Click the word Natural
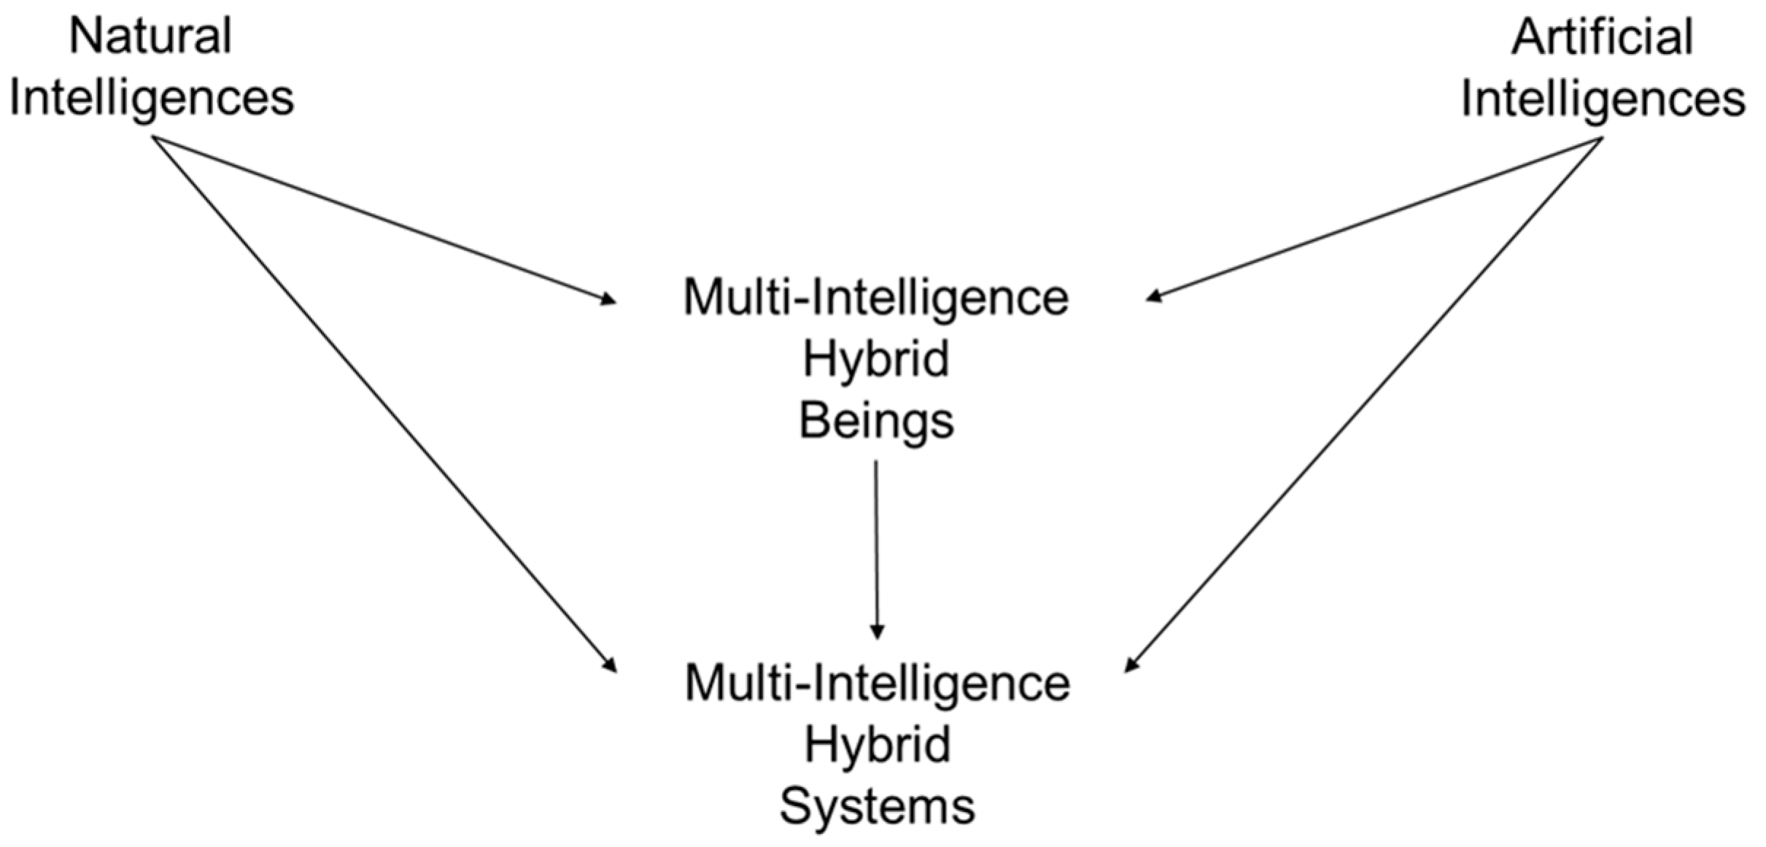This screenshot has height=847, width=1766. pos(151,36)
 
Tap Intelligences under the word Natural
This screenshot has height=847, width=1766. pos(151,98)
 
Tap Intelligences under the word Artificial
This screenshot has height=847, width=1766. pos(1603,98)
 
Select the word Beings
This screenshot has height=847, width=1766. pos(876,421)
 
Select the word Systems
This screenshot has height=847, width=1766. pos(877,807)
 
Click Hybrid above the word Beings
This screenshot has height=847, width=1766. pos(876,359)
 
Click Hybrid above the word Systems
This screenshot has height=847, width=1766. pos(877,745)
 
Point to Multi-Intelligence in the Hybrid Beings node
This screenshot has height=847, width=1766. pos(875,298)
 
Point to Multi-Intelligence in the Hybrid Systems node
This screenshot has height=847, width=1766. pos(877,684)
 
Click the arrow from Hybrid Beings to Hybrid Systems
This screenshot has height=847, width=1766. pos(876,547)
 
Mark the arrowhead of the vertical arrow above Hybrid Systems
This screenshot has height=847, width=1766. pos(877,631)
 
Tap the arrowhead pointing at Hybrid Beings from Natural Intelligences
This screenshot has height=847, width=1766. pos(608,298)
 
